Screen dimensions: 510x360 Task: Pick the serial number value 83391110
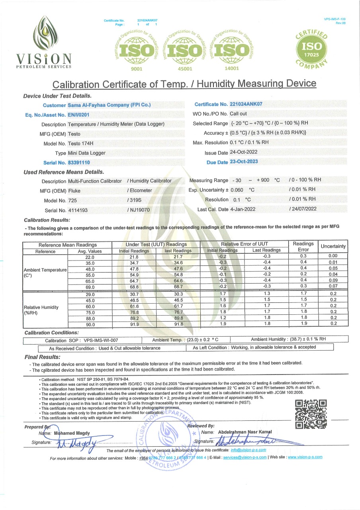click(x=79, y=163)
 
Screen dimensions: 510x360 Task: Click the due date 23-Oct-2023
click(x=244, y=161)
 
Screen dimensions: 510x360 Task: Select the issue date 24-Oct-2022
click(x=244, y=153)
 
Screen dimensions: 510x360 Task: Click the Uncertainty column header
click(x=333, y=246)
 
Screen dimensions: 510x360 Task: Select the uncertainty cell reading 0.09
click(x=333, y=280)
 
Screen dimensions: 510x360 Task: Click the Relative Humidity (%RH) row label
click(x=41, y=310)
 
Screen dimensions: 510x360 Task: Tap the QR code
click(x=311, y=414)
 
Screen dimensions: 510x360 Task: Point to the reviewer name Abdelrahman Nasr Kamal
click(x=243, y=432)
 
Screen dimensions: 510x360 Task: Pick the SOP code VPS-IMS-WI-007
click(x=101, y=340)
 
